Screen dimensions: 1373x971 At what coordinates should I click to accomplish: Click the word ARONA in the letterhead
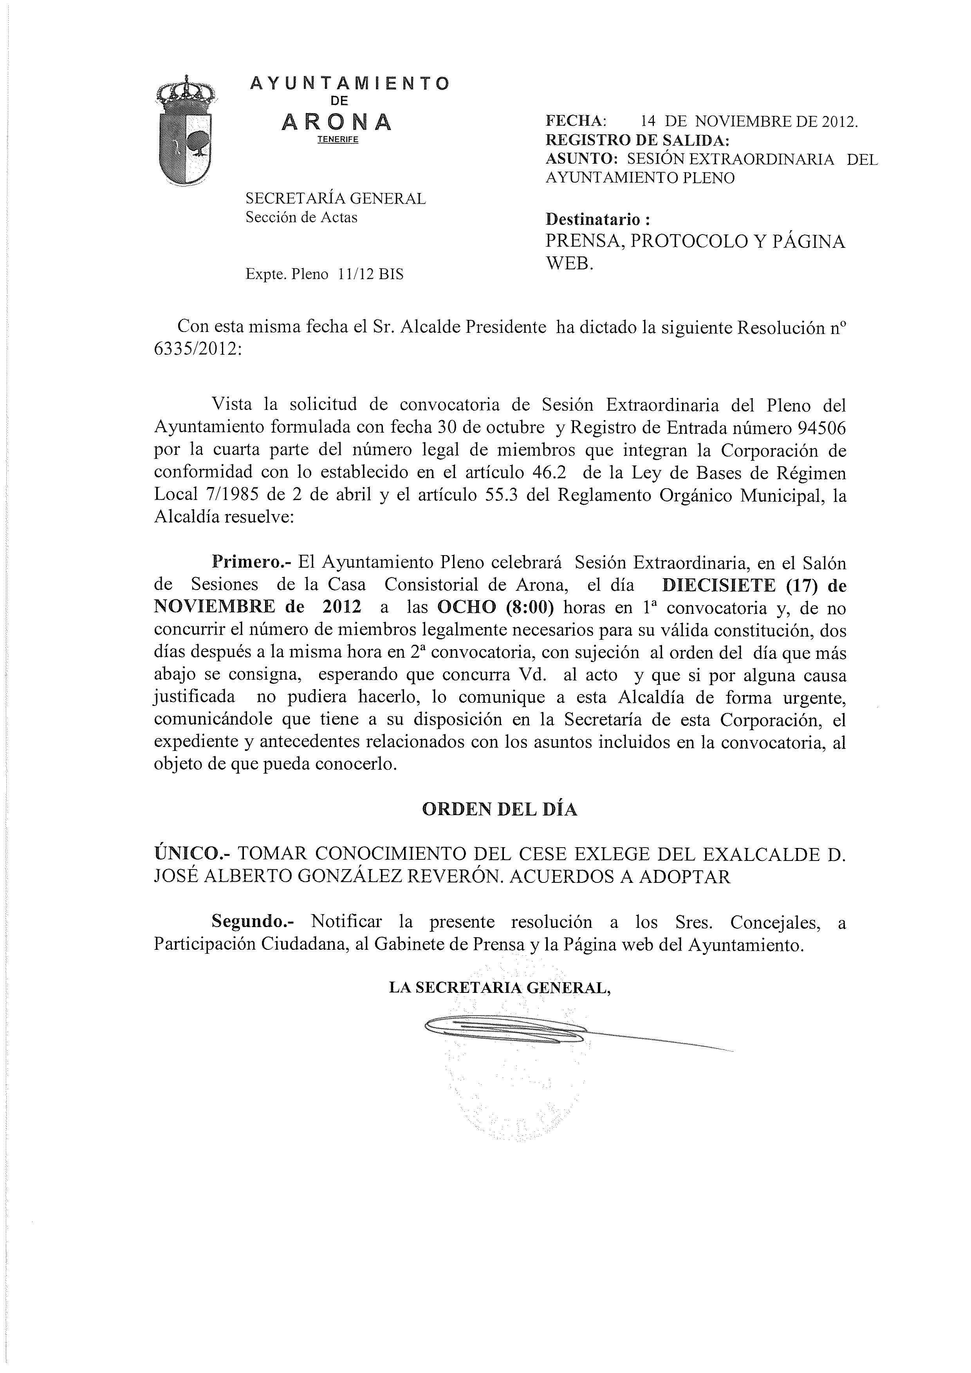coord(337,122)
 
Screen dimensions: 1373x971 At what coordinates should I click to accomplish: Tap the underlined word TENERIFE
coord(337,140)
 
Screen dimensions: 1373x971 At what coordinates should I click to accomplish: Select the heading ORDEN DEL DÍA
coord(499,809)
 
